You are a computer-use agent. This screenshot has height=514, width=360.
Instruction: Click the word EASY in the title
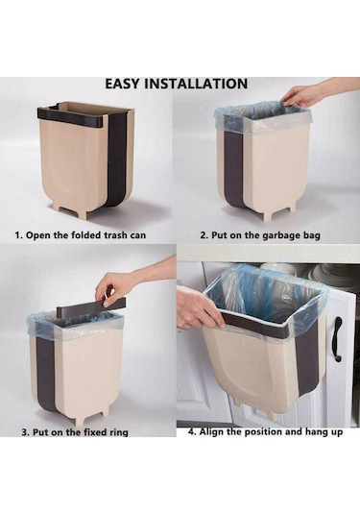point(123,84)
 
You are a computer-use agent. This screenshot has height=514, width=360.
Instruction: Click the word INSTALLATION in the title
point(196,84)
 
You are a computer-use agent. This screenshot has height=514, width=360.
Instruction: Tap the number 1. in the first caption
point(18,235)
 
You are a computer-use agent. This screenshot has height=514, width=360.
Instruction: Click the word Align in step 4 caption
point(211,431)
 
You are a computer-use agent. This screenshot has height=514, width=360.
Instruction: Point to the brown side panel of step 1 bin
point(117,154)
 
